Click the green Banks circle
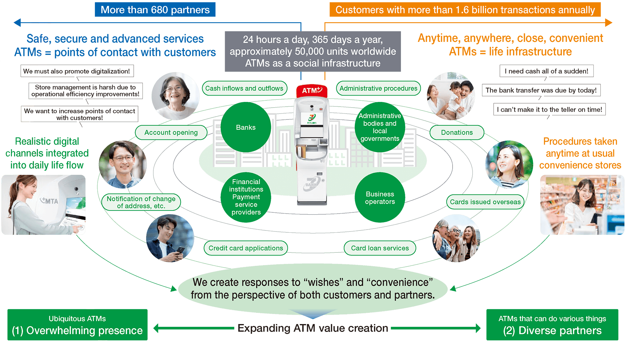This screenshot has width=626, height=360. point(246,127)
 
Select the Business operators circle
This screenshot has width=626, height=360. point(380,198)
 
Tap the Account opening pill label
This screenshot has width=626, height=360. point(171,133)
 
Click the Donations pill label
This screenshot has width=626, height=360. point(457,133)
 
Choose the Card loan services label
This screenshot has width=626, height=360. point(380,248)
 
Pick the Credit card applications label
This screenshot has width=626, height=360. point(246,248)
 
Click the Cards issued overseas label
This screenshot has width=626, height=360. point(485,202)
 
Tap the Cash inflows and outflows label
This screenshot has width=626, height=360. point(244,89)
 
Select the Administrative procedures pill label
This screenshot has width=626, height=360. point(378,89)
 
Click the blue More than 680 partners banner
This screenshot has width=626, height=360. point(155,10)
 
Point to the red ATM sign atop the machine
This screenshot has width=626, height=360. point(312,91)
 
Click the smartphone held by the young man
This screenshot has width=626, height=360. point(181,251)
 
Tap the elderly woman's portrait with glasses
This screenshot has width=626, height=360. point(175,96)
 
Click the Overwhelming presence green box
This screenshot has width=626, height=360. point(77,325)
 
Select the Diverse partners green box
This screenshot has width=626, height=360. point(552,325)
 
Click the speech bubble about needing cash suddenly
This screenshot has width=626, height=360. point(546,71)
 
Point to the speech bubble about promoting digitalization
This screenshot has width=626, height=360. point(77,71)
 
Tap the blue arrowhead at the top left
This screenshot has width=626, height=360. point(18,23)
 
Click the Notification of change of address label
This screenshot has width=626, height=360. point(141,202)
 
